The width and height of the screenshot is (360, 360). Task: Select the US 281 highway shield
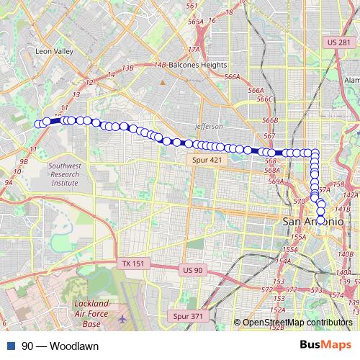pyautogui.click(x=338, y=43)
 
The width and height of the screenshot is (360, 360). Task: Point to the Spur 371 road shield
pyautogui.click(x=188, y=316)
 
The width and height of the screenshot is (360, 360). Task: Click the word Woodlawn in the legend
pyautogui.click(x=74, y=346)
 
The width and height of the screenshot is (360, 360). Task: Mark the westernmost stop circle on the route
pyautogui.click(x=38, y=124)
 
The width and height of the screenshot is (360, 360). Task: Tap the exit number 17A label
pyautogui.click(x=193, y=49)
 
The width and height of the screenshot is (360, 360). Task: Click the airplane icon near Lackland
pyautogui.click(x=122, y=318)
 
